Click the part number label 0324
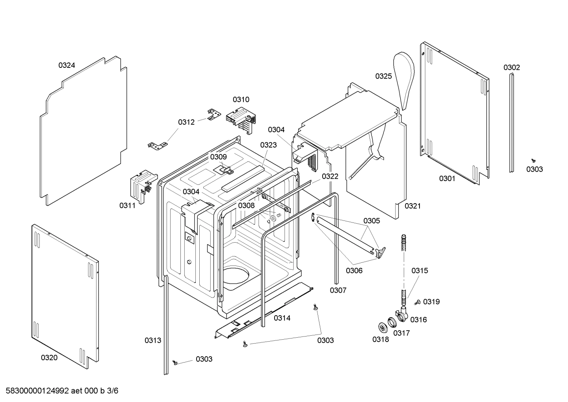[67, 65]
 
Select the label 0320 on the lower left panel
[49, 358]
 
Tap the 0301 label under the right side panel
[447, 179]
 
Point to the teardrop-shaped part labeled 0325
[405, 77]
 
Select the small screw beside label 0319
[417, 302]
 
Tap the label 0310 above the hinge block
[241, 99]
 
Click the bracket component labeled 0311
[141, 184]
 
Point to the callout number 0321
[412, 206]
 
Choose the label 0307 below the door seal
[338, 290]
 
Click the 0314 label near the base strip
[282, 318]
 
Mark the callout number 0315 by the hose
[420, 271]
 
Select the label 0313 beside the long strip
[152, 340]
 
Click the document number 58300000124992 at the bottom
[35, 391]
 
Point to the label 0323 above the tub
[268, 145]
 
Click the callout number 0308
[246, 205]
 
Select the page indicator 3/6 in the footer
[113, 391]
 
